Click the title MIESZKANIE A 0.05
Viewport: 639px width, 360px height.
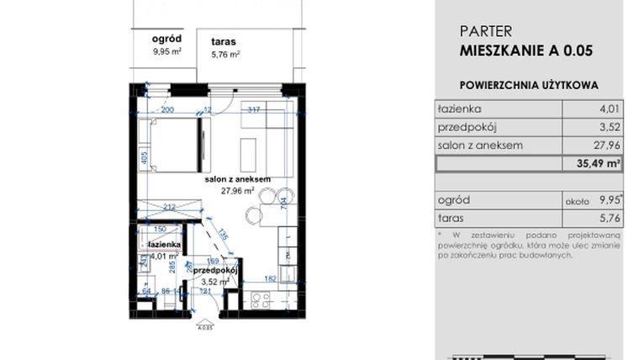pyautogui.click(x=526, y=50)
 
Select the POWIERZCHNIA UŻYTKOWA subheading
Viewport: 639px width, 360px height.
pyautogui.click(x=529, y=85)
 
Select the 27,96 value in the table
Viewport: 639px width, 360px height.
pyautogui.click(x=603, y=146)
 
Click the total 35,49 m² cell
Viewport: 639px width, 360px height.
pyautogui.click(x=599, y=164)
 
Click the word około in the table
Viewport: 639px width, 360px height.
pyautogui.click(x=576, y=202)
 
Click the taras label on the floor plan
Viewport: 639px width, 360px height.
pyautogui.click(x=224, y=40)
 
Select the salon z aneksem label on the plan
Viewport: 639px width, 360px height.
pyautogui.click(x=237, y=179)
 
